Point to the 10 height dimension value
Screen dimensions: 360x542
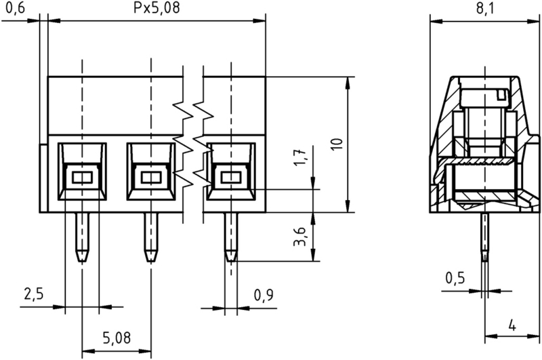tap(337, 144)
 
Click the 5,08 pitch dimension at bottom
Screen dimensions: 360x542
tap(116, 337)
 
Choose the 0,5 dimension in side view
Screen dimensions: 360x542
tap(455, 279)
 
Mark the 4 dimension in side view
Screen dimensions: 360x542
tap(512, 325)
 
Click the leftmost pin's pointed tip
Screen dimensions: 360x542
tap(82, 258)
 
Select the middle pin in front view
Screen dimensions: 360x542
tap(150, 237)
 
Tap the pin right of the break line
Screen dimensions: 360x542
tap(231, 237)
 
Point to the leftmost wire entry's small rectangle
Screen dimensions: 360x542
tap(82, 178)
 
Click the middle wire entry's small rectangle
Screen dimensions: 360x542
tap(150, 178)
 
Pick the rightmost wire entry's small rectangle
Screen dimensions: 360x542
tap(231, 178)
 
